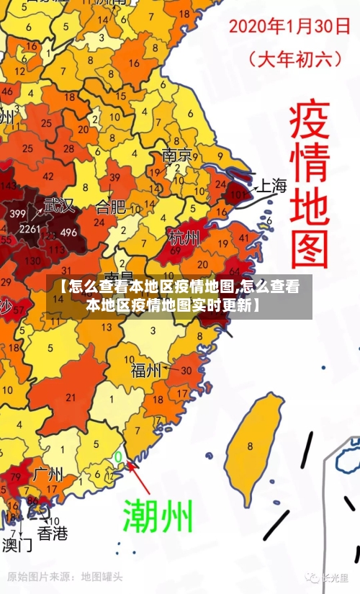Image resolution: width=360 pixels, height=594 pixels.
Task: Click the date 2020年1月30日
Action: [x=289, y=27]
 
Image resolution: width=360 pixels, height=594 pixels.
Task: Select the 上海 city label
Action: [x=271, y=186]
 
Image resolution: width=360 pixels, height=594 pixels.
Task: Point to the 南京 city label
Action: [x=176, y=155]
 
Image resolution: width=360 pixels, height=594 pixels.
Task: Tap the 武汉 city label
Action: [x=58, y=205]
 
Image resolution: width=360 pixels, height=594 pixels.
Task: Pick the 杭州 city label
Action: [x=184, y=236]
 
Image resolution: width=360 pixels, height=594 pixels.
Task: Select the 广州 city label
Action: [x=49, y=475]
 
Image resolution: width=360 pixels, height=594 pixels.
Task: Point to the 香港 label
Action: [x=52, y=534]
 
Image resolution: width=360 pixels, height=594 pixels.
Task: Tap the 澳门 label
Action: [x=17, y=544]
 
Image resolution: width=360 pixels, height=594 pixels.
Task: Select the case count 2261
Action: [x=30, y=229]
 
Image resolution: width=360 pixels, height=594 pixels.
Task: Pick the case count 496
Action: [x=68, y=233]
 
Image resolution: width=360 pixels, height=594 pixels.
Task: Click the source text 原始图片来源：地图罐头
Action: [x=65, y=577]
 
